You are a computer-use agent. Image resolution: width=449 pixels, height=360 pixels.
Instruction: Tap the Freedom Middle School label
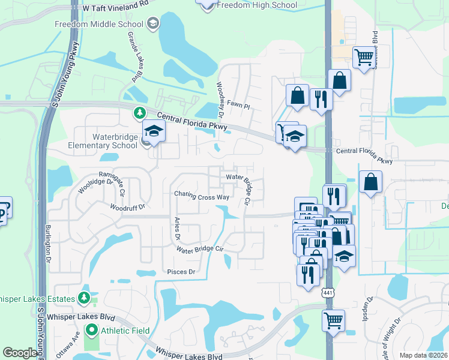(98, 24)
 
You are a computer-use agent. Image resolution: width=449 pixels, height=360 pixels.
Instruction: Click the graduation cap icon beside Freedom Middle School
(152, 24)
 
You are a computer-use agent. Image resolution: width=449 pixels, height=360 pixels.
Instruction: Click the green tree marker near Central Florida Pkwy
(139, 112)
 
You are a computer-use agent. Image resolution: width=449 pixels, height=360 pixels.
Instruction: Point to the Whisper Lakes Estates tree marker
(84, 298)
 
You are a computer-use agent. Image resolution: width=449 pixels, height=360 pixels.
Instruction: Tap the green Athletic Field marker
(91, 330)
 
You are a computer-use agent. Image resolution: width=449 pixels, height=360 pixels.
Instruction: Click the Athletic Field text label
(125, 331)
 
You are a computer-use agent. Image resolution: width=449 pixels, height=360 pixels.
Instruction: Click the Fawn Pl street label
(238, 104)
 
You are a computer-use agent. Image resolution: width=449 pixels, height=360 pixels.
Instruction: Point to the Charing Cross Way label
(202, 196)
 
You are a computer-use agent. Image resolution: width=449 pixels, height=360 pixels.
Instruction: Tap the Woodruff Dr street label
(128, 208)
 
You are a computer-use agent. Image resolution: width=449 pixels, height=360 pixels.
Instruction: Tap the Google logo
(20, 353)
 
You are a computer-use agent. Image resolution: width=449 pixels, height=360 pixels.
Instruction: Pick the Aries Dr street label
(177, 228)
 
